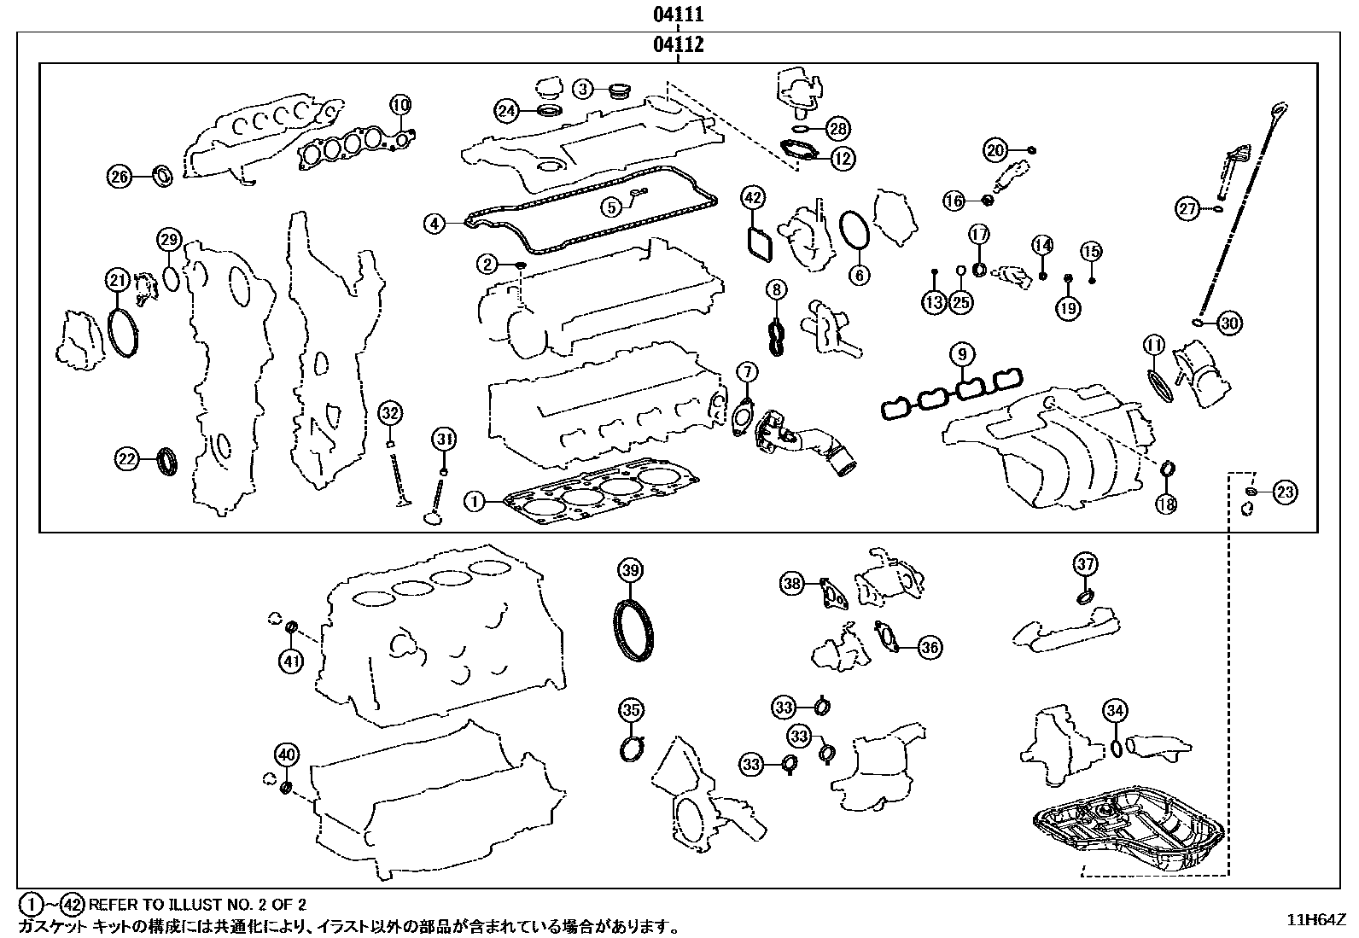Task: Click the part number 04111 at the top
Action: click(679, 15)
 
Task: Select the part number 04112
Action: click(679, 44)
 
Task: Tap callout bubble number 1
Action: click(474, 502)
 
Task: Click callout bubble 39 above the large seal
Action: click(630, 570)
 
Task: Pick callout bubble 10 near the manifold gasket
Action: click(400, 105)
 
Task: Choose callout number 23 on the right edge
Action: click(1285, 492)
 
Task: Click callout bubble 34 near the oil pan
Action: click(1115, 710)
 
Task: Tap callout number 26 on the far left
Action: click(119, 177)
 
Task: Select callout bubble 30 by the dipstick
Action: click(1228, 323)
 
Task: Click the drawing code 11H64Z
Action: click(1316, 919)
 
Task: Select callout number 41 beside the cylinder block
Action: click(291, 661)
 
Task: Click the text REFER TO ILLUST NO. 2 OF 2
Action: click(197, 904)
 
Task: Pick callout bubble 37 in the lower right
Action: click(1085, 563)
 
